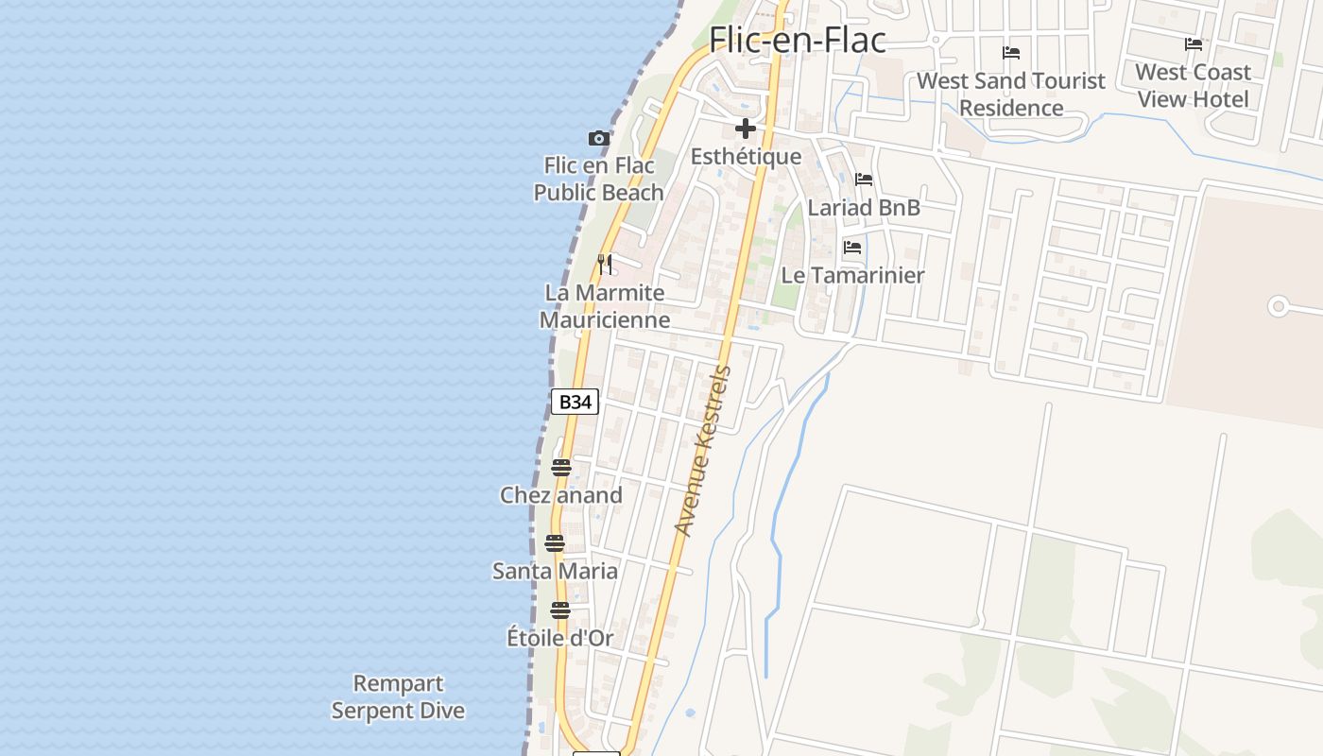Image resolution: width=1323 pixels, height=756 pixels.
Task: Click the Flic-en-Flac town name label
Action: pos(798,40)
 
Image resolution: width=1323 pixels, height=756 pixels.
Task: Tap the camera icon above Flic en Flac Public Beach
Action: pos(599,139)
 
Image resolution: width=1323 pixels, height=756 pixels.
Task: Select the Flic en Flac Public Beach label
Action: pos(599,180)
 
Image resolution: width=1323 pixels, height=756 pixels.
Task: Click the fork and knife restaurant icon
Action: pos(606,264)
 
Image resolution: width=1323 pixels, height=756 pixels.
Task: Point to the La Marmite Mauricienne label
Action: pos(605,306)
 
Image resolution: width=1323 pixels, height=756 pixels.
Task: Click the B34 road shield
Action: pos(575,402)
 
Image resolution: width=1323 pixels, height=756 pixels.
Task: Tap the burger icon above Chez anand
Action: pos(561,468)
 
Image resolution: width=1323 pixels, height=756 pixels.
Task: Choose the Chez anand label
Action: pos(561,495)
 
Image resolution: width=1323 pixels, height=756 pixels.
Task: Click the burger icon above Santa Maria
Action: pos(555,543)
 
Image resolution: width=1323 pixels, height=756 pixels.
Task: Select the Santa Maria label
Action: pos(556,571)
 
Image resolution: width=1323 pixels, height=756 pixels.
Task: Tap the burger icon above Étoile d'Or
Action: pos(560,610)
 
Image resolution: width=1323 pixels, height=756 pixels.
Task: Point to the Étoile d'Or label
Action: pos(560,638)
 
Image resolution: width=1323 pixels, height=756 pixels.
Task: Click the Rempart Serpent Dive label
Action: pos(398,696)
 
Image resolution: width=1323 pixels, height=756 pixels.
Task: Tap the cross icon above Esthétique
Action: pos(746,129)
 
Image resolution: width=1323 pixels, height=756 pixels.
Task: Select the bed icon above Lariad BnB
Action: pos(864,180)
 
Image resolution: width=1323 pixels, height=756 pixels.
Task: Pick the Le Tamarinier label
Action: pos(852,275)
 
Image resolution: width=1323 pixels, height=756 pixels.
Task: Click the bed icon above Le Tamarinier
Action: pos(852,248)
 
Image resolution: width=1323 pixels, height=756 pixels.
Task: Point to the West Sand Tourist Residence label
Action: pos(1011,94)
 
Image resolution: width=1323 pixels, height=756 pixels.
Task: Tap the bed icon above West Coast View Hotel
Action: pos(1194,43)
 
